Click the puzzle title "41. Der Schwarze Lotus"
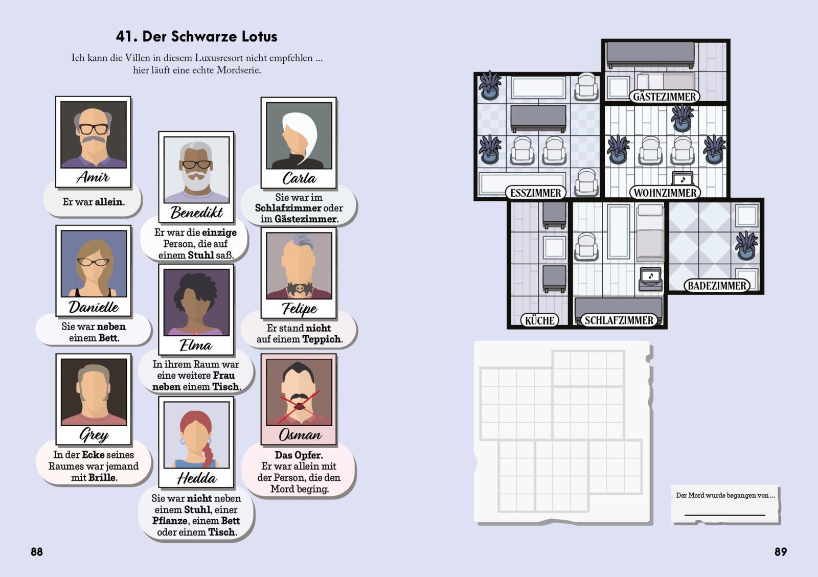pyautogui.click(x=196, y=36)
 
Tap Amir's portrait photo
pyautogui.click(x=93, y=134)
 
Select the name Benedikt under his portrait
pyautogui.click(x=196, y=212)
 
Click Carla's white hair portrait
pyautogui.click(x=299, y=135)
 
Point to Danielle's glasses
pyautogui.click(x=93, y=262)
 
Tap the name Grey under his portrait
pyautogui.click(x=94, y=435)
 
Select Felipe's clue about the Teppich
pyautogui.click(x=299, y=333)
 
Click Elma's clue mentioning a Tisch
pyautogui.click(x=196, y=376)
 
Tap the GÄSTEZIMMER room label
pyautogui.click(x=664, y=97)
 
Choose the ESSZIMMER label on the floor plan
pyautogui.click(x=536, y=193)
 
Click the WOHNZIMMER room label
pyautogui.click(x=665, y=193)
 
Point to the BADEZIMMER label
pyautogui.click(x=717, y=286)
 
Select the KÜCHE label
pyautogui.click(x=540, y=320)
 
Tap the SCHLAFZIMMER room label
pyautogui.click(x=619, y=320)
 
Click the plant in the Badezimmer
pyautogui.click(x=746, y=245)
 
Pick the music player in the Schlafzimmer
pyautogui.click(x=650, y=279)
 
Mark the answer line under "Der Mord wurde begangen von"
pyautogui.click(x=724, y=514)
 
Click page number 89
pyautogui.click(x=780, y=551)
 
